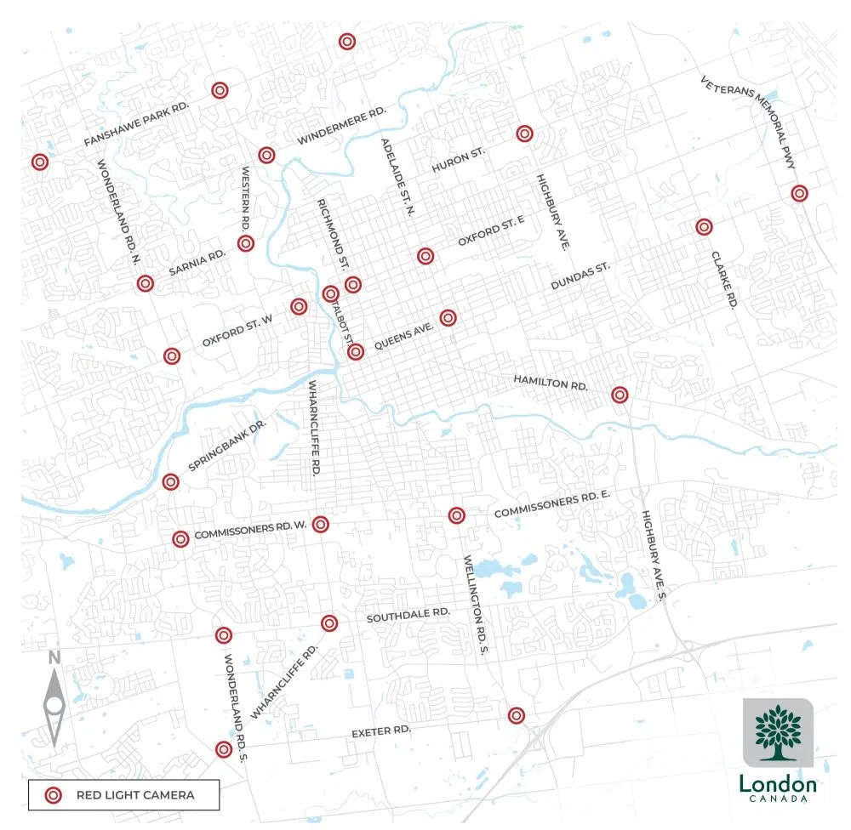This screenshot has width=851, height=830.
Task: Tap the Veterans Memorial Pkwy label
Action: tap(748, 122)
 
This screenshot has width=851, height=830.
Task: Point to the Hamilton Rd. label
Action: tap(551, 382)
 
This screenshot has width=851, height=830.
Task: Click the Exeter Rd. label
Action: tap(381, 732)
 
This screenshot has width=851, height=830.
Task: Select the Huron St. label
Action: tap(458, 160)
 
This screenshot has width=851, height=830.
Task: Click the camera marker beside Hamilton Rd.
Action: tap(620, 395)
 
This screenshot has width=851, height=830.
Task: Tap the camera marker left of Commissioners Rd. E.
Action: tap(456, 515)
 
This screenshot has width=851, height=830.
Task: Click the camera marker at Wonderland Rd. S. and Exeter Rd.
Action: tap(223, 749)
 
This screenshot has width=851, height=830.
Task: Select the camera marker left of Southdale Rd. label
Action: tap(329, 623)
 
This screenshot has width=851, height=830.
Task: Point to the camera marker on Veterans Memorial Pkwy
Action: tap(799, 193)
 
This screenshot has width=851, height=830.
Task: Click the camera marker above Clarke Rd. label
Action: tap(703, 227)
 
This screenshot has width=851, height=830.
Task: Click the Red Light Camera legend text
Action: tap(135, 795)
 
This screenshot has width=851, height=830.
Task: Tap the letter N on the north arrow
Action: tap(54, 658)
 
